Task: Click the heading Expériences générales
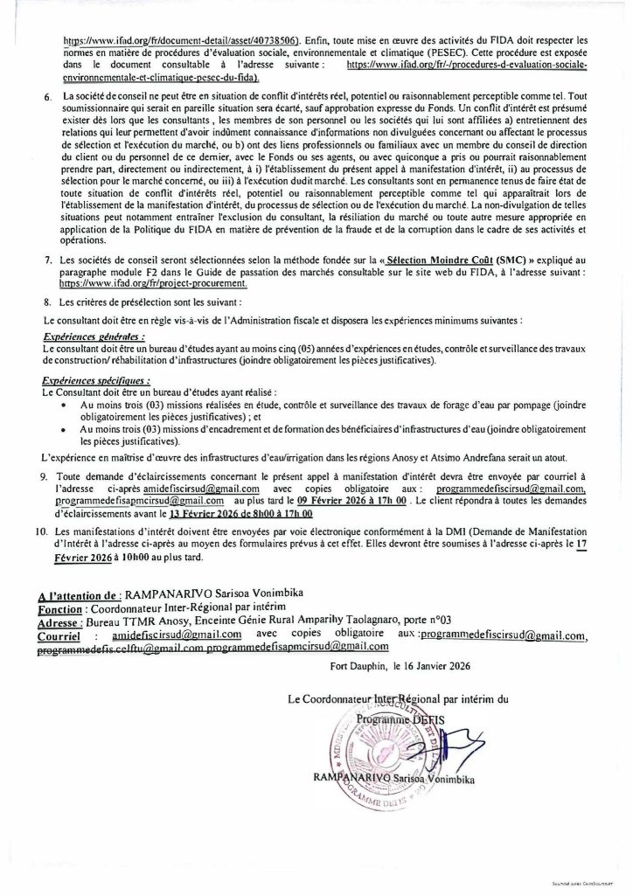click(94, 335)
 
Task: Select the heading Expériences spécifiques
click(96, 380)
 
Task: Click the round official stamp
click(380, 746)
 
